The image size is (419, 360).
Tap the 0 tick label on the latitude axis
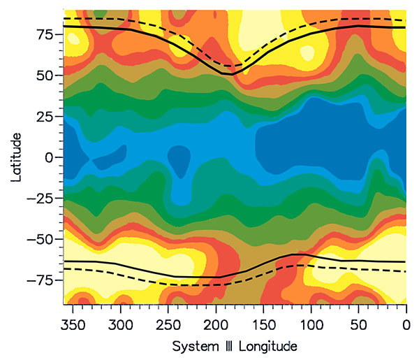pyautogui.click(x=50, y=157)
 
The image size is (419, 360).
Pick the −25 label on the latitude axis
pyautogui.click(x=41, y=199)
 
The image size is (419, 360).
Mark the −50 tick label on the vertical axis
pyautogui.click(x=41, y=240)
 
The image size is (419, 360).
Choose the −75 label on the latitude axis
pyautogui.click(x=41, y=281)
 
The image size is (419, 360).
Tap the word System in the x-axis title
pyautogui.click(x=192, y=346)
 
